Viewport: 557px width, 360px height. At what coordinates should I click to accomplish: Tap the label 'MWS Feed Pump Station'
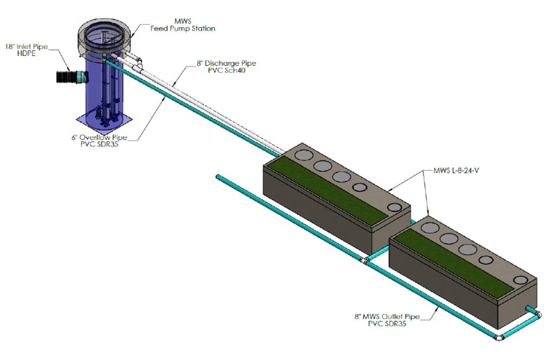click(182, 25)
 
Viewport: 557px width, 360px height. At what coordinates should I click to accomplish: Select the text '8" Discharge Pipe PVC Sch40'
click(226, 67)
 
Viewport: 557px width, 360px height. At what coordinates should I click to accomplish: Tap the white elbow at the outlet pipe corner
click(499, 338)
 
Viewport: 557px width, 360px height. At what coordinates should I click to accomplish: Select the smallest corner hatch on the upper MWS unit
click(394, 207)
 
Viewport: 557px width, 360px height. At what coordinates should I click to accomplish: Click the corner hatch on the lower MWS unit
click(520, 280)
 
